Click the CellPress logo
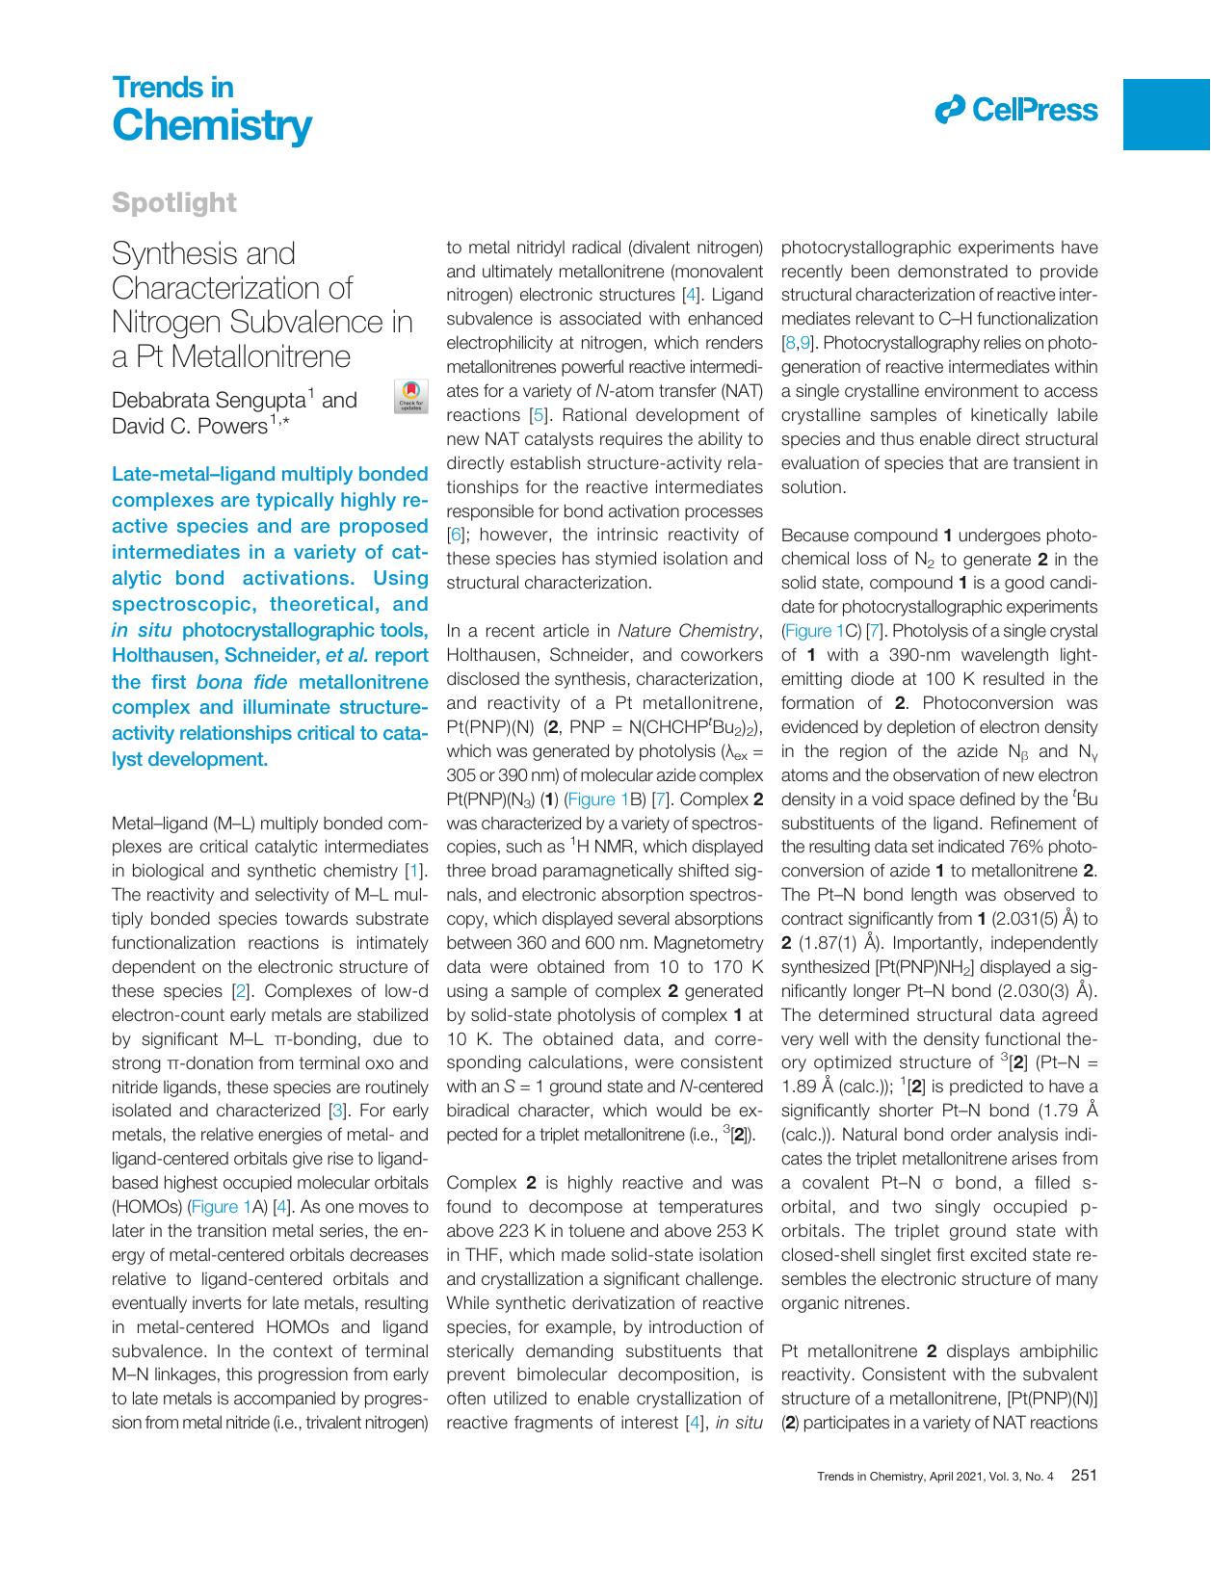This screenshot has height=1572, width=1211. pos(1015,110)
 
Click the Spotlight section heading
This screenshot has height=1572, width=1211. pos(174,202)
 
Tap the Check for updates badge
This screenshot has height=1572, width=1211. pos(411,397)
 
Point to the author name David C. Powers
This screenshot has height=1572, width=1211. pos(189,426)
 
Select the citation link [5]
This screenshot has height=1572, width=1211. pos(539,415)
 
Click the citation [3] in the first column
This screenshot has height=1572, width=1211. pos(337,1111)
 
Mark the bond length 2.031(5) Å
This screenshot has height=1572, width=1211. pos(1035,920)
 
